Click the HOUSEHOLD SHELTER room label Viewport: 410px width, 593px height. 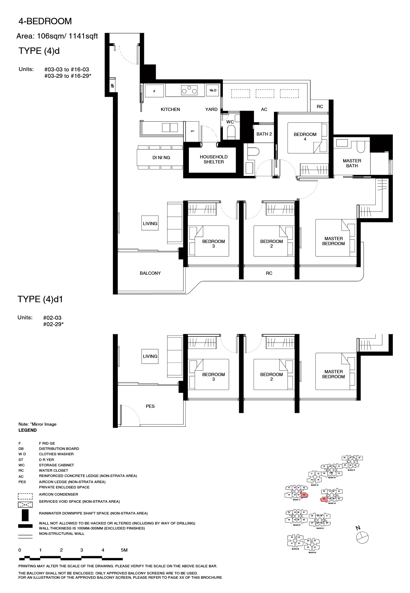point(214,159)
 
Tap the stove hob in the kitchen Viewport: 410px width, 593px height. point(189,90)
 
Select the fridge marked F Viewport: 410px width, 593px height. point(154,91)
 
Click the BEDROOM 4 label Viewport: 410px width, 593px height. point(305,137)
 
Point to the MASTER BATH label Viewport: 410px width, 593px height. point(352,163)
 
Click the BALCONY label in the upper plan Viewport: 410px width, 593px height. point(150,273)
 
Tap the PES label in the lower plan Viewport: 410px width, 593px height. point(150,406)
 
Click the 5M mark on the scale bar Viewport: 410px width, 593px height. point(124,550)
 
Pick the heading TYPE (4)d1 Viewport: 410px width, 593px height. point(40,299)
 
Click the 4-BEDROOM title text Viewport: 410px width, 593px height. point(45,21)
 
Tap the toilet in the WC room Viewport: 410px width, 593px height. point(231,132)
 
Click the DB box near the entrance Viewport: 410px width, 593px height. point(112,86)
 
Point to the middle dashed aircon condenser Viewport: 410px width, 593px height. point(264,93)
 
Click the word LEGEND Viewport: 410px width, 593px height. point(27,430)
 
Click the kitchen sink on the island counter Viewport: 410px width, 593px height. point(170,127)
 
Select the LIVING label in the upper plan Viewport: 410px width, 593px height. point(150,223)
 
